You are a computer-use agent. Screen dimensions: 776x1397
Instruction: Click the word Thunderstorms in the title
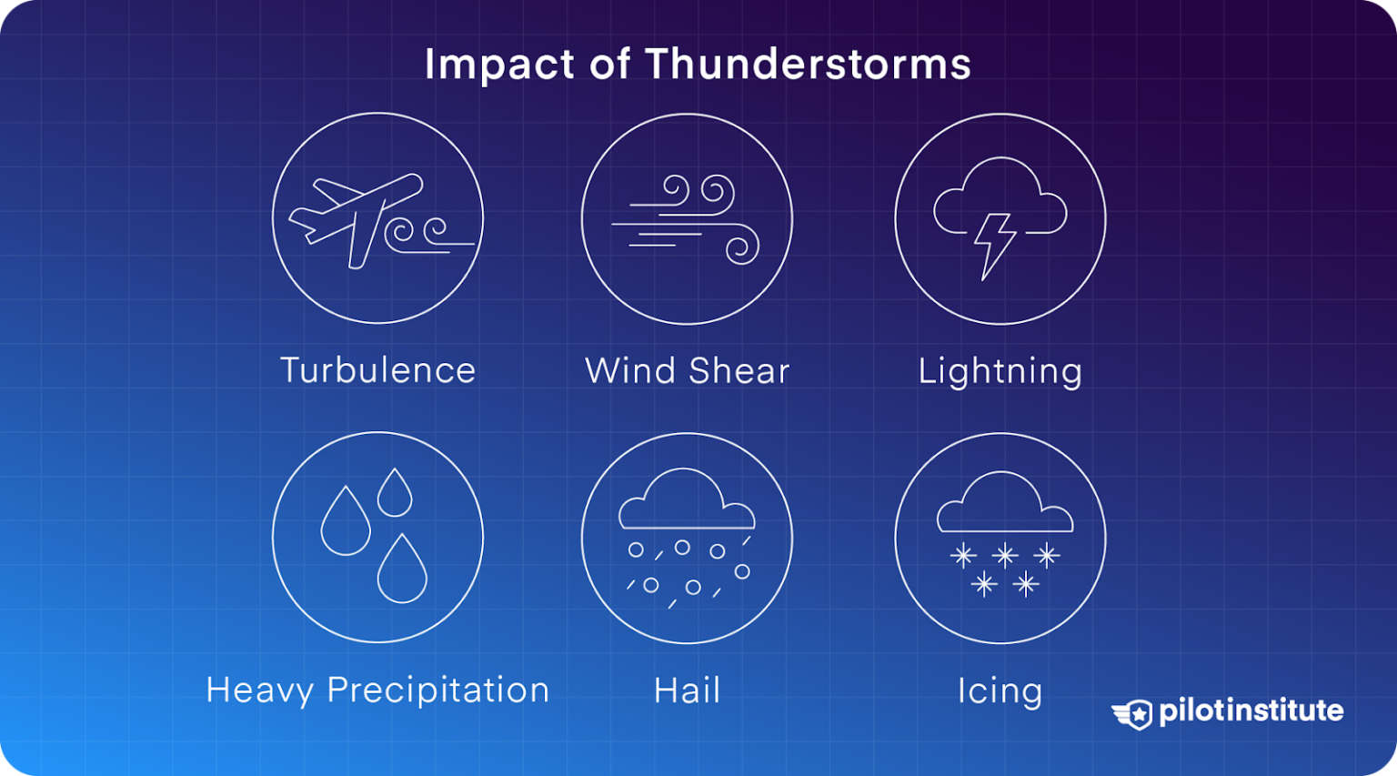(x=808, y=65)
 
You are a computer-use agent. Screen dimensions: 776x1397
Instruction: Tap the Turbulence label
(x=377, y=371)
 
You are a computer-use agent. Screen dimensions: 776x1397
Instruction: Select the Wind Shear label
(x=687, y=371)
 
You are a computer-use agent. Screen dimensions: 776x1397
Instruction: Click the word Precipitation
(x=437, y=690)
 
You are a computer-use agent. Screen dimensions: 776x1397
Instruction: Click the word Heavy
(x=260, y=690)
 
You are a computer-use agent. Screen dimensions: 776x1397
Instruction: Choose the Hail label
(x=687, y=690)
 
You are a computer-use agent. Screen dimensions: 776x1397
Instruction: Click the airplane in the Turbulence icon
(x=357, y=217)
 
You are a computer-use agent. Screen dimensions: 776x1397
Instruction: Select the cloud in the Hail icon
(x=687, y=502)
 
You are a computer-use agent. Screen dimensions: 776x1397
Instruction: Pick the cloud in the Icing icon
(x=1004, y=506)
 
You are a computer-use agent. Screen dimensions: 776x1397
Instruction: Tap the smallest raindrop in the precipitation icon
(x=395, y=495)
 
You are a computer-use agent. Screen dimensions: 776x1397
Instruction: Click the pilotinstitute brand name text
(x=1251, y=710)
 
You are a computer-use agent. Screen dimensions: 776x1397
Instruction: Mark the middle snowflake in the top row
(x=1005, y=555)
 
